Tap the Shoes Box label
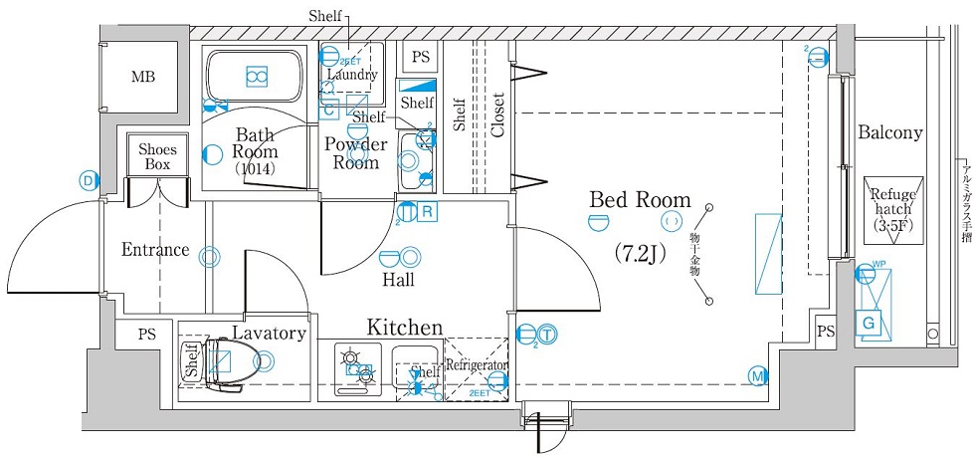(157, 156)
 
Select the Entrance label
(155, 250)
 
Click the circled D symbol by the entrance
(89, 180)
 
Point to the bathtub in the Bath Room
(257, 76)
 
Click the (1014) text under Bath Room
(255, 169)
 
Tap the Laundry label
(351, 75)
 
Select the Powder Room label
(356, 153)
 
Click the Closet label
(497, 115)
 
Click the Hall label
(398, 280)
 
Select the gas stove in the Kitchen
(355, 367)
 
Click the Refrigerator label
(477, 365)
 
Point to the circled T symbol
(548, 335)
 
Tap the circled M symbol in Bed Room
(757, 375)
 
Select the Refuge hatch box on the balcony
(893, 210)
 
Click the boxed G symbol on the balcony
(869, 323)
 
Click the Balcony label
(889, 132)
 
